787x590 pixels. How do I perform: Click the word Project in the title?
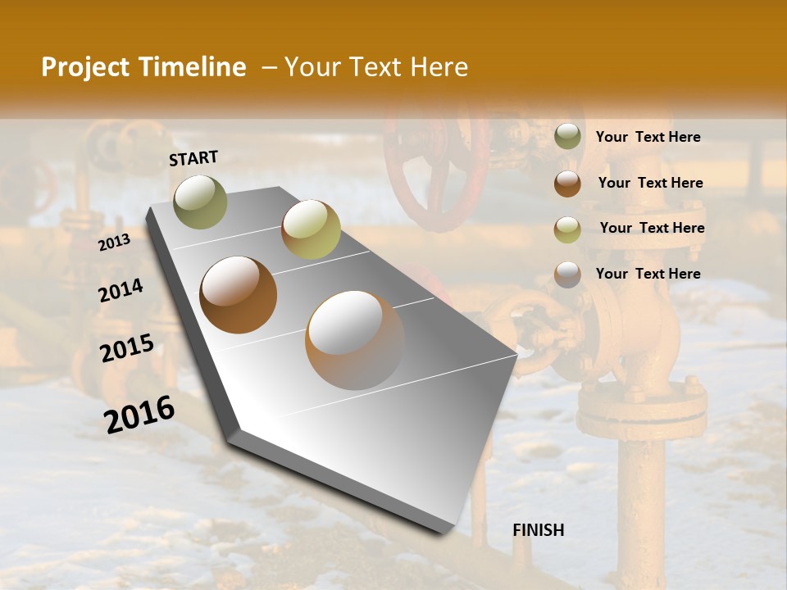(x=84, y=68)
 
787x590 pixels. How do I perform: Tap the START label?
(x=193, y=158)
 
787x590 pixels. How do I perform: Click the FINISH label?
(x=538, y=530)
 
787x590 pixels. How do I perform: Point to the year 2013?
(x=114, y=242)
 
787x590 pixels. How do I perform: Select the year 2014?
(x=121, y=290)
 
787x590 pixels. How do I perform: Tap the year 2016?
(x=139, y=414)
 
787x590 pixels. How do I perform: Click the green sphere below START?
(x=200, y=202)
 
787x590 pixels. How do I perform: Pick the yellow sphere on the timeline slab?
(x=311, y=229)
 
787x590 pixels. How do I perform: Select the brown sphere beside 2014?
(x=239, y=295)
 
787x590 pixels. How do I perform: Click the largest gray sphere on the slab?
(x=355, y=340)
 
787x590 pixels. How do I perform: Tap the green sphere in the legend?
(x=567, y=137)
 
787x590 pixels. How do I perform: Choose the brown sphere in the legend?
(x=567, y=184)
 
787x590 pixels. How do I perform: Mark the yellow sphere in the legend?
(x=567, y=229)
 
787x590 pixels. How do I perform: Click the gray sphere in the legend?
(x=567, y=275)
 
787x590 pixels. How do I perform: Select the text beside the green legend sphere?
(x=648, y=137)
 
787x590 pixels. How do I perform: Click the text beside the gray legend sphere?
(x=648, y=274)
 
